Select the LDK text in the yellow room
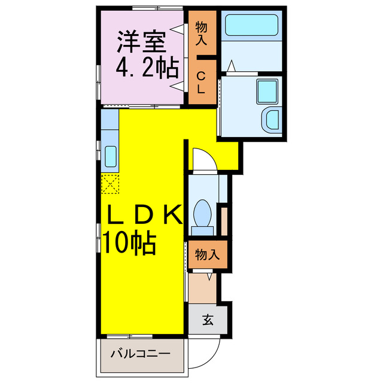tap(144, 215)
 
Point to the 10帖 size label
tap(129, 242)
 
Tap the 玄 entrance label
tap(207, 320)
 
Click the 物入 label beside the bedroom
tap(202, 34)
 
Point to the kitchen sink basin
tap(111, 157)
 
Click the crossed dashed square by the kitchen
tap(110, 183)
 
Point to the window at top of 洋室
tap(157, 8)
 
